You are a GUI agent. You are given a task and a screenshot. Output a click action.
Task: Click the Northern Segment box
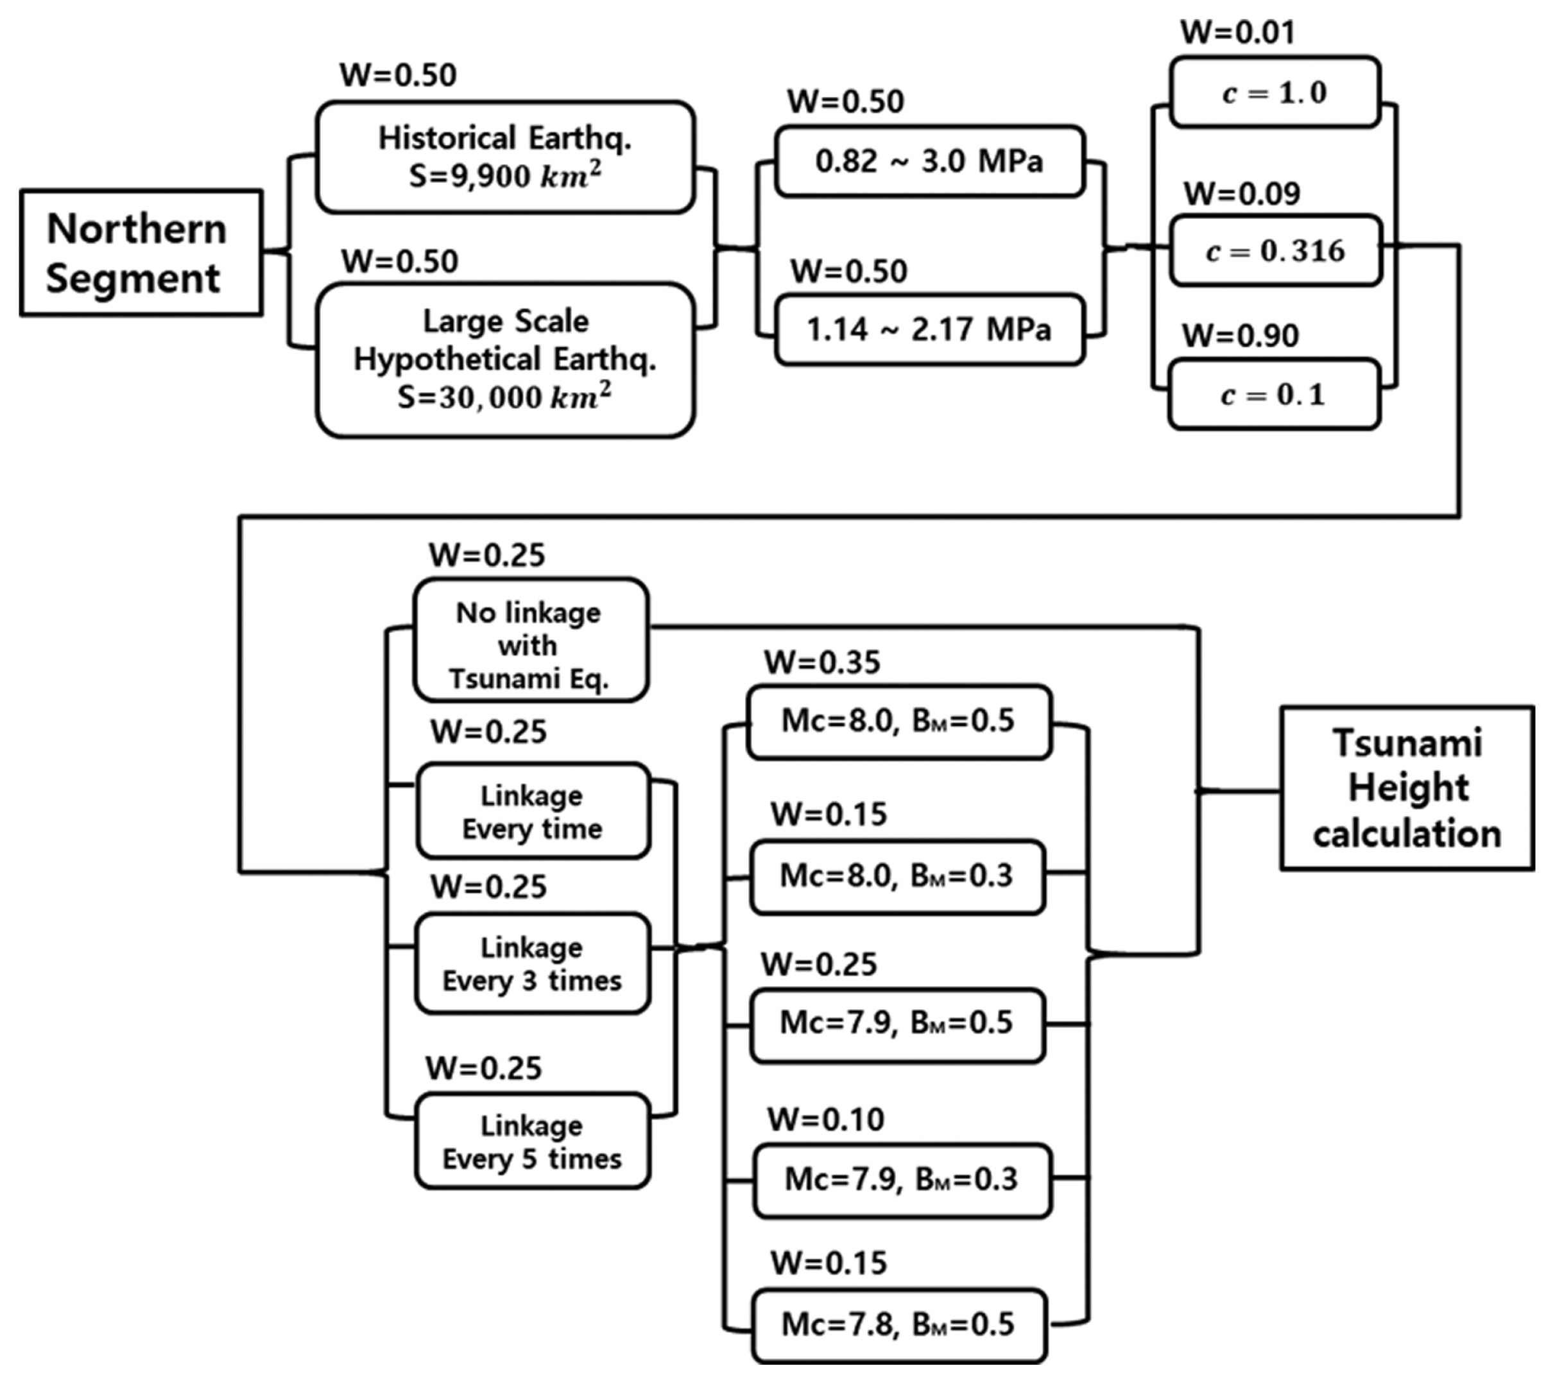click(141, 253)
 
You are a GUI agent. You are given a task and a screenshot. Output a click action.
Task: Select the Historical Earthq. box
click(505, 157)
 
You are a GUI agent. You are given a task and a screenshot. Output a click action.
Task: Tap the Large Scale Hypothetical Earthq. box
click(505, 359)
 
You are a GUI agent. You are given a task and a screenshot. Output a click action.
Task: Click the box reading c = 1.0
click(1275, 92)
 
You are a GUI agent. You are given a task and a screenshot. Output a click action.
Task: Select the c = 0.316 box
click(1275, 250)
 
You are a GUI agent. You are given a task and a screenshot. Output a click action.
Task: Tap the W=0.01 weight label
click(1237, 32)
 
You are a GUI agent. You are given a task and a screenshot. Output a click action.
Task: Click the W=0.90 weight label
click(1240, 336)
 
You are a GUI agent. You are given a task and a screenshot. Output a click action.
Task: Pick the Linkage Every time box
click(533, 811)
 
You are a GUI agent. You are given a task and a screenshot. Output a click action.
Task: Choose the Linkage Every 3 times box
click(533, 964)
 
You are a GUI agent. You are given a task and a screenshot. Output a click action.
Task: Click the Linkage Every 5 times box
click(533, 1141)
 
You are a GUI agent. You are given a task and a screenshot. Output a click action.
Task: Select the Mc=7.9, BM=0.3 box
click(902, 1179)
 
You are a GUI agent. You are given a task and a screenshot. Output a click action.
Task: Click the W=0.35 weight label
click(822, 662)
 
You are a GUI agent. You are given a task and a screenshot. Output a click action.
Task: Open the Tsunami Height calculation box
click(1407, 788)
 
